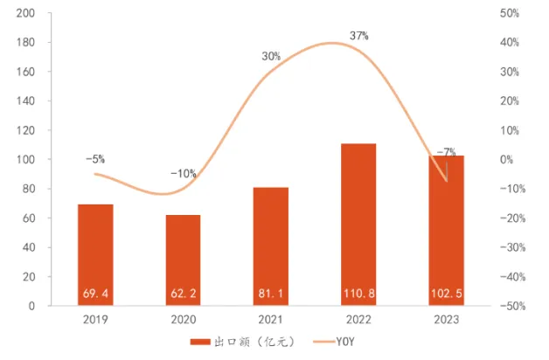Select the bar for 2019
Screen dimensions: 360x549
point(95,253)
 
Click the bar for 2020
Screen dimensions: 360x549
point(183,259)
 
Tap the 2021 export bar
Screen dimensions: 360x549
point(271,245)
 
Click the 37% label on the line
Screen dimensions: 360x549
point(358,36)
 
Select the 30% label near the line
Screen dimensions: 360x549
point(271,57)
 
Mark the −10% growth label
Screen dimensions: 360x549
point(183,174)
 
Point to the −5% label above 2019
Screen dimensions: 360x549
point(95,159)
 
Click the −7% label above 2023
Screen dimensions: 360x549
point(446,152)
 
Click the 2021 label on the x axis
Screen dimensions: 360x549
point(271,320)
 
